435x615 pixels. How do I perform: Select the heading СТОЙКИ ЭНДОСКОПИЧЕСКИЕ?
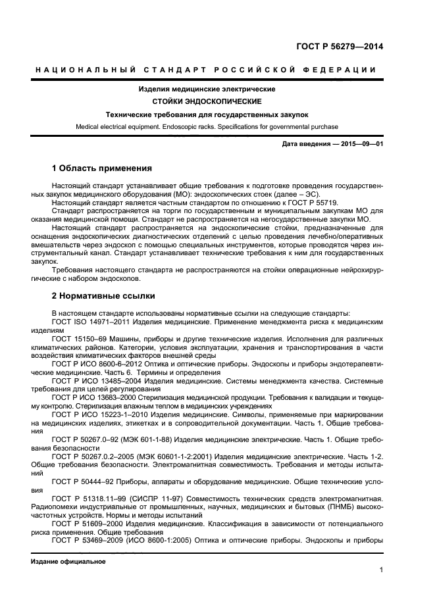[x=207, y=101]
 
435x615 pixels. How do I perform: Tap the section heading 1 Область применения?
[x=101, y=168]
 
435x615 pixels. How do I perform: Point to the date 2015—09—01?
[x=360, y=143]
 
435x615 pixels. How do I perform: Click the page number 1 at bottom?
[x=381, y=570]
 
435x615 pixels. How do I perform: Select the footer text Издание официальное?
[x=68, y=562]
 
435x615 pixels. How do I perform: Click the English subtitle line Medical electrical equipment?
[x=207, y=126]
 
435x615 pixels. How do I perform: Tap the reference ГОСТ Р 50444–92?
[x=83, y=481]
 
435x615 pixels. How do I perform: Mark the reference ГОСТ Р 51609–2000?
[x=86, y=524]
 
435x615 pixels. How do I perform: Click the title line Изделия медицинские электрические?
[x=207, y=89]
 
